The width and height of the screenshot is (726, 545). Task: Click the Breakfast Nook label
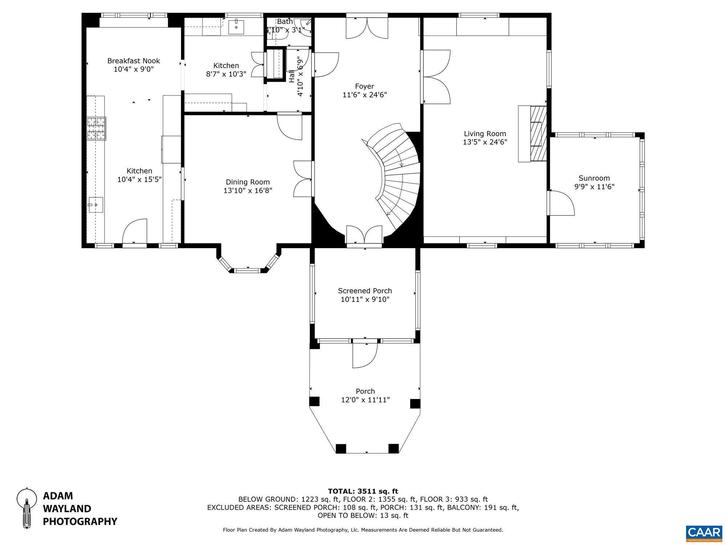[x=134, y=61]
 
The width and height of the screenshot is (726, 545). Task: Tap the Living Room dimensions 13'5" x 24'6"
[x=485, y=142]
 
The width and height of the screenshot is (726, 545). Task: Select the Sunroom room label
[x=594, y=178]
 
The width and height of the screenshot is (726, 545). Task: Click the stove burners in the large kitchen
[x=96, y=129]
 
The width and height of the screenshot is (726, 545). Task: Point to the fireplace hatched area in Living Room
[x=538, y=133]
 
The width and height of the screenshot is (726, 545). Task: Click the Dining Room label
[x=248, y=182]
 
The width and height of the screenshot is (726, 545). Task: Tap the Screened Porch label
[x=365, y=291]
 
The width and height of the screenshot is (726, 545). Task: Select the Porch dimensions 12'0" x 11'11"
[x=365, y=400]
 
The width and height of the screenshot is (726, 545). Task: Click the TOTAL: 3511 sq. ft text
[x=363, y=491]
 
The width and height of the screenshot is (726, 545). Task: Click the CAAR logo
[x=704, y=533]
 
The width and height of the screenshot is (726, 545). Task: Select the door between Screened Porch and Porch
[x=364, y=354]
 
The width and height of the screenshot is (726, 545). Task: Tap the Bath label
[x=285, y=21]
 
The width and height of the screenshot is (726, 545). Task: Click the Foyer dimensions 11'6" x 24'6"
[x=364, y=95]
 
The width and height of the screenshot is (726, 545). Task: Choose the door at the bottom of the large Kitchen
[x=135, y=233]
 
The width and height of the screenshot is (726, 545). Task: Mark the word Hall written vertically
[x=292, y=76]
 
